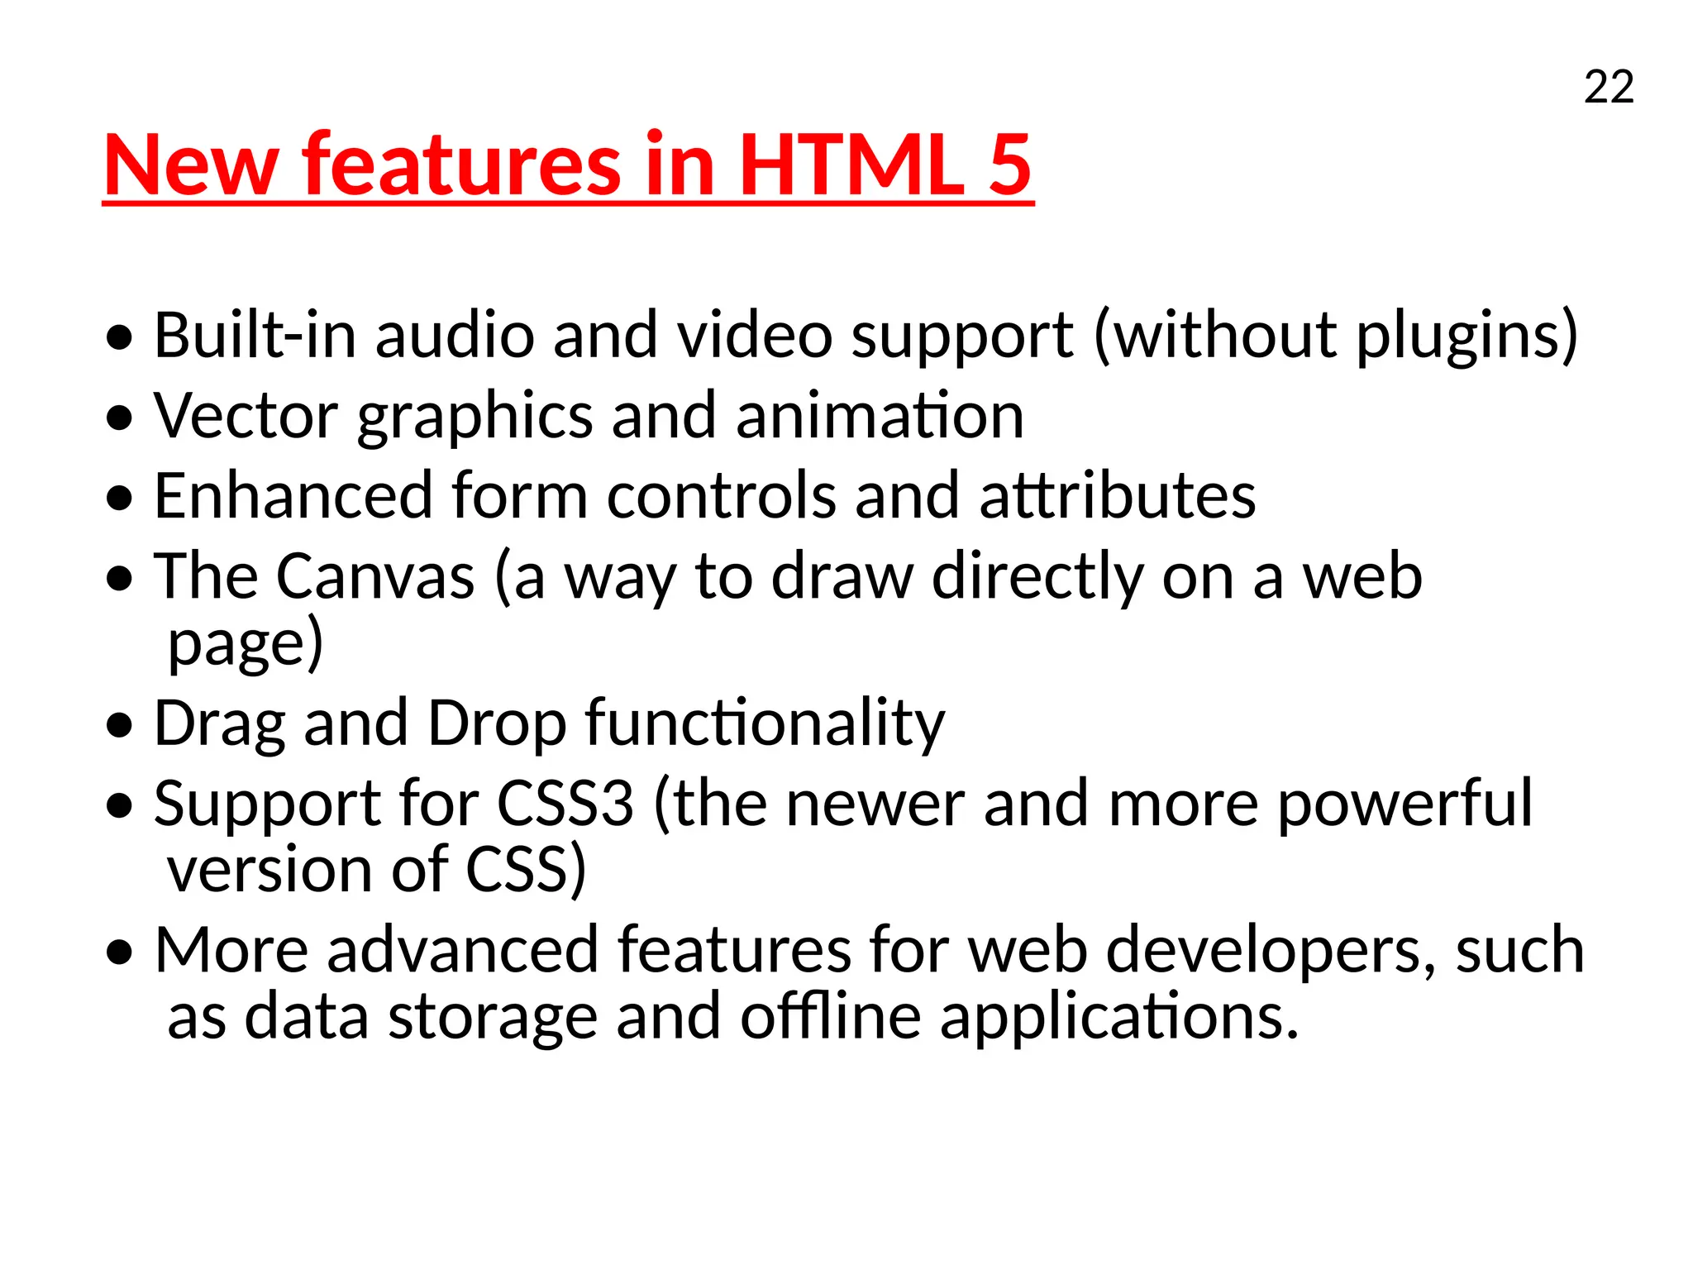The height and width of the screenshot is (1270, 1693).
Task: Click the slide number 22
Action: pos(1609,87)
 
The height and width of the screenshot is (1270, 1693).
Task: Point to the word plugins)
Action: pos(1467,337)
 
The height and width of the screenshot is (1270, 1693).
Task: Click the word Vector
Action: pos(246,415)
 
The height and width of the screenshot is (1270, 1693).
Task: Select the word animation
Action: pos(880,415)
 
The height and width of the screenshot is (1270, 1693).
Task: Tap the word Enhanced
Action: pos(293,495)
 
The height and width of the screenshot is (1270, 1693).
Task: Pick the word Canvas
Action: pos(375,575)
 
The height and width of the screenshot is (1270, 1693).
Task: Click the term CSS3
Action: pos(565,803)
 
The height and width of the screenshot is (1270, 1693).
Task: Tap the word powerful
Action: pos(1405,803)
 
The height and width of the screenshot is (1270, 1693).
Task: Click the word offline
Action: pos(830,1016)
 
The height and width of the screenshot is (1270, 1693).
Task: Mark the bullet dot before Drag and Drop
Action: pos(120,725)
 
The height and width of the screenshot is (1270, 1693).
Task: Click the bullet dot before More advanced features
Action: pos(120,952)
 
